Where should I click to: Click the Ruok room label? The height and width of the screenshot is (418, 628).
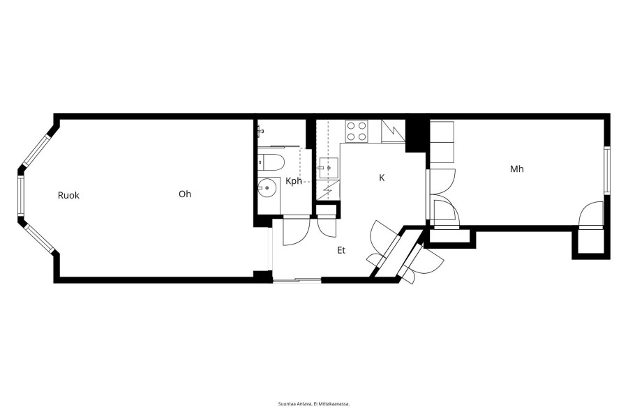pyautogui.click(x=68, y=195)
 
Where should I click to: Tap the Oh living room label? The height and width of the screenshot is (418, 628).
pyautogui.click(x=185, y=194)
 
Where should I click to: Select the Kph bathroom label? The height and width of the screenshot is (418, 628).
pyautogui.click(x=294, y=181)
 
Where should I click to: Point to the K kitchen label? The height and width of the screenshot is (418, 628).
pyautogui.click(x=382, y=178)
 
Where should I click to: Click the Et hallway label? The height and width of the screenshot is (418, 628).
pyautogui.click(x=341, y=250)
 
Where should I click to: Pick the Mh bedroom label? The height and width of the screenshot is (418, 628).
pyautogui.click(x=516, y=169)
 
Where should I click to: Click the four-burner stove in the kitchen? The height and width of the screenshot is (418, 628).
pyautogui.click(x=357, y=131)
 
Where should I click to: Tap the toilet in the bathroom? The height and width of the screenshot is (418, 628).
pyautogui.click(x=271, y=162)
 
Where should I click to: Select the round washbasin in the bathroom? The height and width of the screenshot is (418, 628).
pyautogui.click(x=267, y=187)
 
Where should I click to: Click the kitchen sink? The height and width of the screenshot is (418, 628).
pyautogui.click(x=329, y=168)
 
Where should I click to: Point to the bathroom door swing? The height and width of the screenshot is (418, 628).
pyautogui.click(x=297, y=231)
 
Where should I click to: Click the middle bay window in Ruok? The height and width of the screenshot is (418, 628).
pyautogui.click(x=20, y=196)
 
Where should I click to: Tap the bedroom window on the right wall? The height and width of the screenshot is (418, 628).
pyautogui.click(x=607, y=171)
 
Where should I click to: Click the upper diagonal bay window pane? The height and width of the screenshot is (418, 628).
pyautogui.click(x=36, y=150)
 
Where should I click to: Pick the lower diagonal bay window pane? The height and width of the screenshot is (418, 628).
pyautogui.click(x=39, y=239)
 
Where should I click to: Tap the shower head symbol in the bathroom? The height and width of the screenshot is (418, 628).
pyautogui.click(x=261, y=130)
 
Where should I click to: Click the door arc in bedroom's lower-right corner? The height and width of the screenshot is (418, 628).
pyautogui.click(x=591, y=214)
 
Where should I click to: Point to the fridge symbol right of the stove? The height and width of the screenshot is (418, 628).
pyautogui.click(x=393, y=131)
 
